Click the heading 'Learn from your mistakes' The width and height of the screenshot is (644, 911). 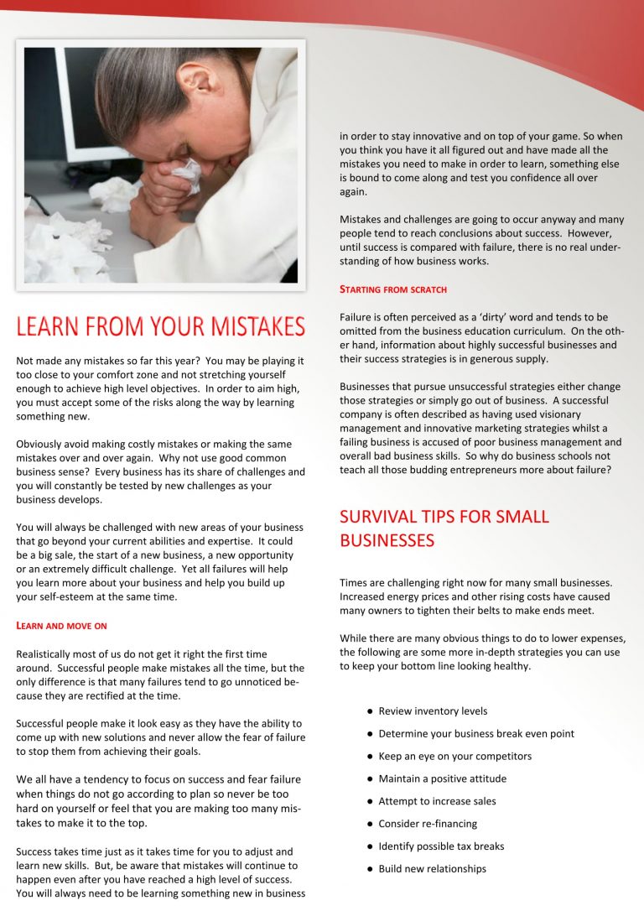click(x=160, y=325)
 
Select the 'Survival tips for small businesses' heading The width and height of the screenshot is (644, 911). click(x=444, y=528)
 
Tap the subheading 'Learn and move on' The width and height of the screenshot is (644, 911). click(x=61, y=626)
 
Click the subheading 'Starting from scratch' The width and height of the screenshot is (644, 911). click(x=393, y=289)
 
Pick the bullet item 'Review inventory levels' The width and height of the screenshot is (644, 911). click(x=432, y=711)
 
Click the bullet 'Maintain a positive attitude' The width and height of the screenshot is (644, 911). click(x=442, y=778)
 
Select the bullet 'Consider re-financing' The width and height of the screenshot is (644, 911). click(x=428, y=824)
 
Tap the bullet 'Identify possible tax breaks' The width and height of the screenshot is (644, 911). click(x=441, y=846)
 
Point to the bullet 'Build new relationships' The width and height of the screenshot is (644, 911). click(x=432, y=869)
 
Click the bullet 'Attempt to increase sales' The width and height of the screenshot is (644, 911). click(x=437, y=801)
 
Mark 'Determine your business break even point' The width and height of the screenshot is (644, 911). click(x=475, y=734)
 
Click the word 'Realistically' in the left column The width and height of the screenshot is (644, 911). click(x=47, y=653)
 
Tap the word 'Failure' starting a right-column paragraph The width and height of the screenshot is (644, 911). click(x=357, y=318)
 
